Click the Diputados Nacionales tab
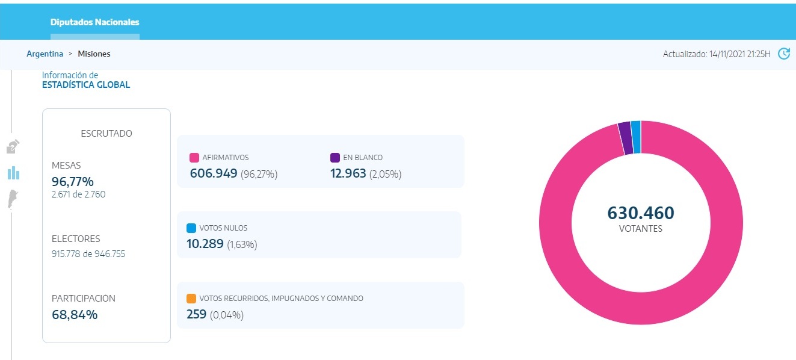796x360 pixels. pyautogui.click(x=94, y=22)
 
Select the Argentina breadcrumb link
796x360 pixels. pyautogui.click(x=45, y=54)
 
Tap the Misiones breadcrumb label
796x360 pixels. pyautogui.click(x=94, y=54)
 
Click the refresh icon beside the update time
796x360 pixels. pyautogui.click(x=783, y=54)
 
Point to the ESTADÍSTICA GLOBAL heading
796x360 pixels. pyautogui.click(x=86, y=85)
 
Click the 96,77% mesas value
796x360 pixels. pyautogui.click(x=72, y=182)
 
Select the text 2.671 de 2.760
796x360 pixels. pyautogui.click(x=78, y=194)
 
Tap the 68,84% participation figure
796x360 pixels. pyautogui.click(x=74, y=314)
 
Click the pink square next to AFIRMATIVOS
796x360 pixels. pyautogui.click(x=194, y=158)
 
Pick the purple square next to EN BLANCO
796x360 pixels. pyautogui.click(x=335, y=158)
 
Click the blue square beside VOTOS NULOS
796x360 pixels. pyautogui.click(x=191, y=228)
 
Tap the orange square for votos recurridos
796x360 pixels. pyautogui.click(x=191, y=299)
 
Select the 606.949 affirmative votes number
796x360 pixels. pyautogui.click(x=214, y=174)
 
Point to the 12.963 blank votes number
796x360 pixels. pyautogui.click(x=348, y=174)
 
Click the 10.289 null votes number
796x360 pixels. pyautogui.click(x=205, y=244)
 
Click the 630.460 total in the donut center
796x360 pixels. pyautogui.click(x=640, y=213)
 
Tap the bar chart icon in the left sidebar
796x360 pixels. pyautogui.click(x=13, y=173)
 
